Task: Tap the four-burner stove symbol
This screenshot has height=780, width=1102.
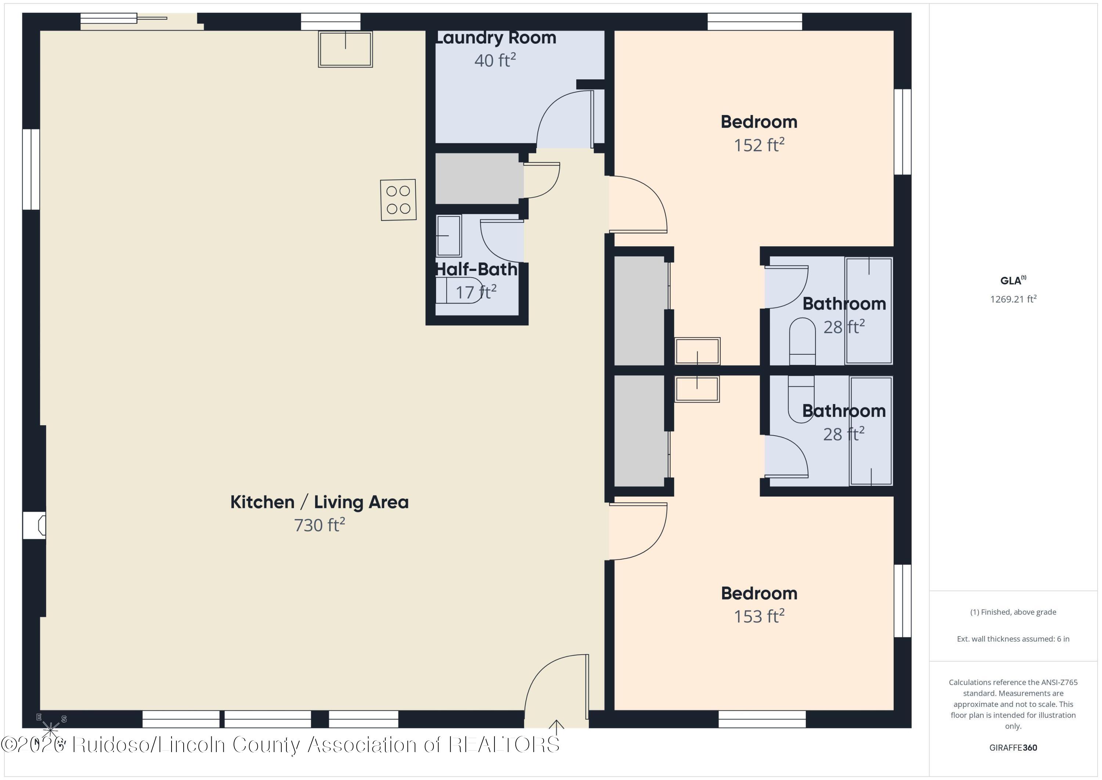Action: click(398, 200)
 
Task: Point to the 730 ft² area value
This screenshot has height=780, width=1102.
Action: click(320, 525)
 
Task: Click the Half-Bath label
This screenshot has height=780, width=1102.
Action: click(476, 269)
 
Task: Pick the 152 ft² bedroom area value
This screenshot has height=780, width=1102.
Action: click(759, 144)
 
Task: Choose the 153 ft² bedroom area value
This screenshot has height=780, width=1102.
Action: click(759, 616)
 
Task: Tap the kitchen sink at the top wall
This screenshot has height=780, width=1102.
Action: click(345, 49)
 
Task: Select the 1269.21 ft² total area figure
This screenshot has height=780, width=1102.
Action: click(1013, 299)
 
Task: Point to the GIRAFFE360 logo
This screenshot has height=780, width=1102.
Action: click(1013, 747)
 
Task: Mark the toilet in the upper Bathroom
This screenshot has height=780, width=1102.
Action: click(802, 341)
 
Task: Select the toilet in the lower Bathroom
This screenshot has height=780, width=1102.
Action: click(801, 399)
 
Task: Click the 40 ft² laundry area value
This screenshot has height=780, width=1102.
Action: click(495, 60)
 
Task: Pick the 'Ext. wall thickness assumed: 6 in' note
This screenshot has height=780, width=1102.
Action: click(1013, 639)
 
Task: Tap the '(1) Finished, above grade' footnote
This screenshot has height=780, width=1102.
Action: click(1013, 612)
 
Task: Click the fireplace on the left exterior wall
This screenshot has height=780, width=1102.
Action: click(35, 525)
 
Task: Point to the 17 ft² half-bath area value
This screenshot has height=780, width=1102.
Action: click(476, 291)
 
